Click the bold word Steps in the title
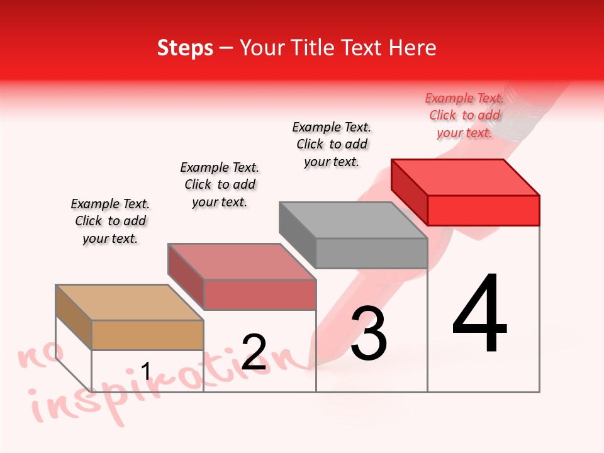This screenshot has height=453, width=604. (185, 48)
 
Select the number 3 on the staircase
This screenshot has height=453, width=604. (369, 334)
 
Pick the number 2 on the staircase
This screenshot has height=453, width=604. (254, 352)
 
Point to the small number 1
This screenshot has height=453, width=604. (146, 371)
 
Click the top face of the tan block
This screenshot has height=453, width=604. (130, 303)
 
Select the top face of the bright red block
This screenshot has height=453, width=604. (465, 177)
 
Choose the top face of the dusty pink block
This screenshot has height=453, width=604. (242, 262)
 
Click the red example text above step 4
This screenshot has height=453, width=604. (464, 116)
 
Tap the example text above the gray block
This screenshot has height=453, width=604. (332, 144)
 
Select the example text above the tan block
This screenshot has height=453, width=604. (110, 221)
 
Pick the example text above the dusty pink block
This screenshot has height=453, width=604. (220, 184)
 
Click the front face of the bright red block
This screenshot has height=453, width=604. (483, 210)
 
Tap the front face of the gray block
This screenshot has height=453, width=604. (371, 253)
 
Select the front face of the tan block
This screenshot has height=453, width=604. (147, 335)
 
